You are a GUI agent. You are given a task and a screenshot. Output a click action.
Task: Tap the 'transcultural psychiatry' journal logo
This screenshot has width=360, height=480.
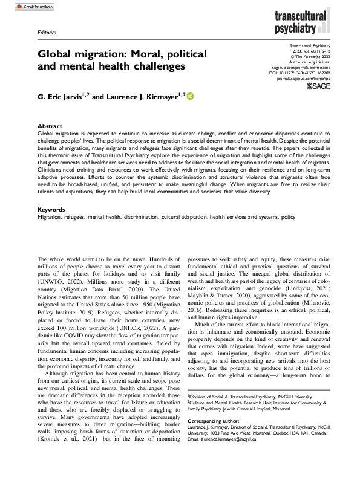[309, 21]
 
